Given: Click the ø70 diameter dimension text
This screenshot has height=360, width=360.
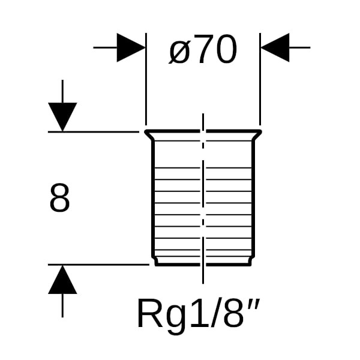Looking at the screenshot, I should point(203,50).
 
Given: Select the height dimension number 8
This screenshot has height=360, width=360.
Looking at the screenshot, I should point(59,199).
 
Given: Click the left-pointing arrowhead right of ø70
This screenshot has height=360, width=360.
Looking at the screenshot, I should point(275,47).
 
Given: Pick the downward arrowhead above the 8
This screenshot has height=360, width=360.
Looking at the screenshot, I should point(62,116).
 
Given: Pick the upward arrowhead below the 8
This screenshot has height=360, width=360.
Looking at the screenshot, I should point(62,280).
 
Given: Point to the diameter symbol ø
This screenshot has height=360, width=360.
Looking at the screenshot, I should point(179,52).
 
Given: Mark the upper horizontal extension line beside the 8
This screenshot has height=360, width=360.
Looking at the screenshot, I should point(96,131).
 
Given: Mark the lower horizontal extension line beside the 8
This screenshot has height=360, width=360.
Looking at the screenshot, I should point(96,264).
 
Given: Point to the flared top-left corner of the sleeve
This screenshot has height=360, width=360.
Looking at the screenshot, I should point(147,133).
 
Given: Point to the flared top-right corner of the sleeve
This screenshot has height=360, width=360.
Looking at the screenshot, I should point(259,133).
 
